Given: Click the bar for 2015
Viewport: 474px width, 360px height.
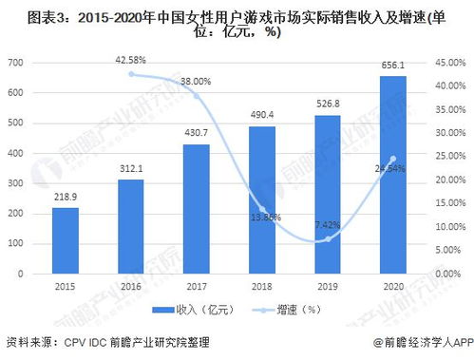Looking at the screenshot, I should [x=66, y=240].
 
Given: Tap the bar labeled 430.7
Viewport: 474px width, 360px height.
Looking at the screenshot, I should [x=196, y=208].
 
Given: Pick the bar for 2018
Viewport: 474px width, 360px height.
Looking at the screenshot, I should [x=262, y=199].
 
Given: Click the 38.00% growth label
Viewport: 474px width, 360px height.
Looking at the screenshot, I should [x=196, y=82].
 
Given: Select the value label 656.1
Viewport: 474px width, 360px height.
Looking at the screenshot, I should [x=392, y=66].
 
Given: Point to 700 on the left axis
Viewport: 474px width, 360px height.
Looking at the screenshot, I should [x=15, y=63].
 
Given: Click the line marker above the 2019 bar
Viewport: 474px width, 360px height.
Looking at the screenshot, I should [x=327, y=239].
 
